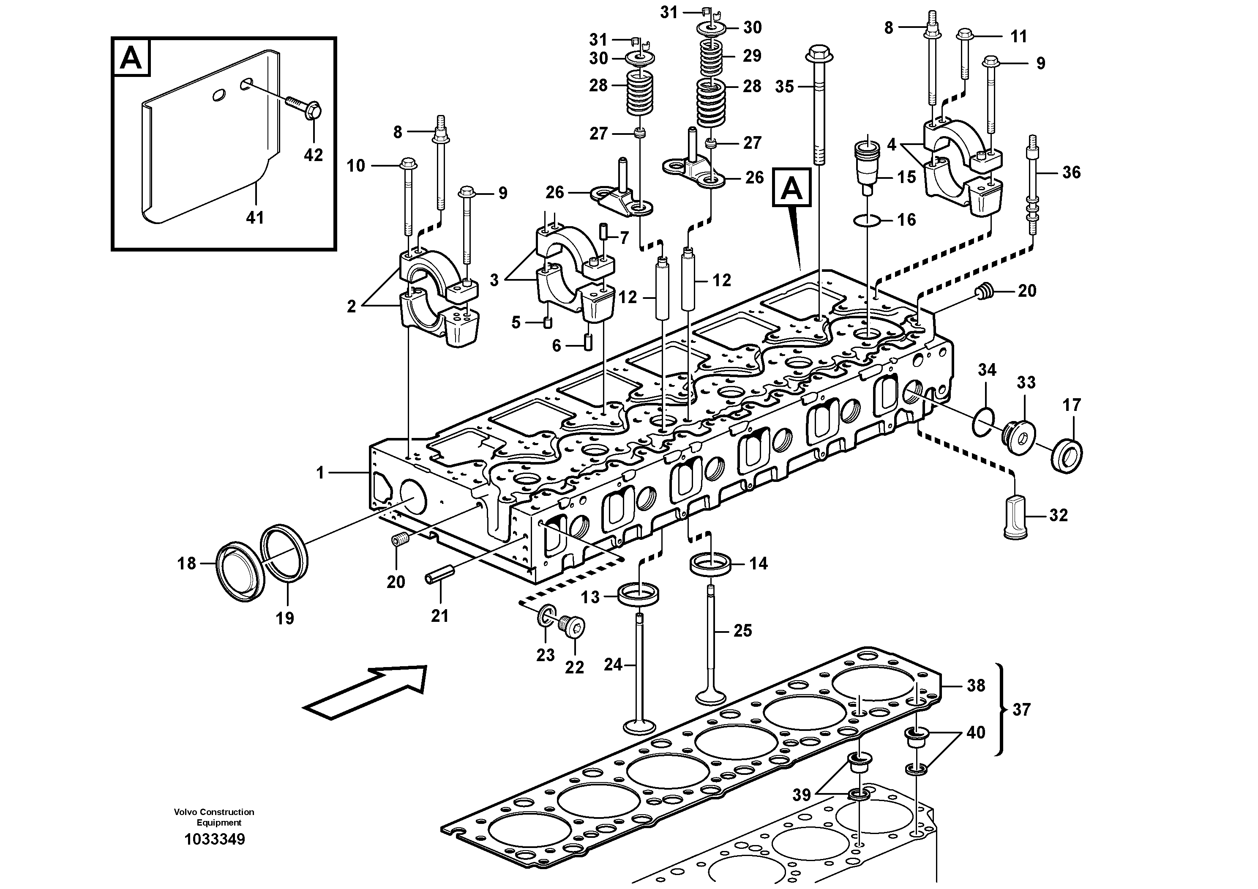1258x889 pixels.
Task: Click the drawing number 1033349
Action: (215, 839)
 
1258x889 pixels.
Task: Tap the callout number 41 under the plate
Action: (255, 218)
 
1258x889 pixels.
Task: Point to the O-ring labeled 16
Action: (867, 220)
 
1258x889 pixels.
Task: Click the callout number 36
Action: (1071, 172)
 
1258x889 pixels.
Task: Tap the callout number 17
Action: (1072, 405)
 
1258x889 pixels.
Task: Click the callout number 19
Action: (284, 618)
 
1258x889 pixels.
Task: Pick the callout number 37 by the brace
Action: (1021, 710)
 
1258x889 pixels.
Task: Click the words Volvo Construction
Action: (214, 812)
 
